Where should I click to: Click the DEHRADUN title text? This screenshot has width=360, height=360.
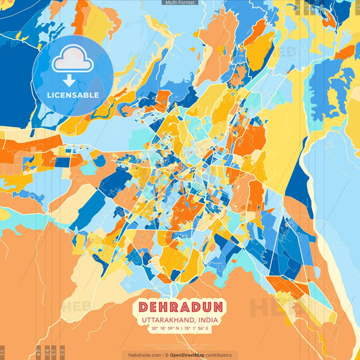(180, 306)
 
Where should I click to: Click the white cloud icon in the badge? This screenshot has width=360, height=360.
(73, 59)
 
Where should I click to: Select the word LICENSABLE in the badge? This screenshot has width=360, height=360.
(73, 95)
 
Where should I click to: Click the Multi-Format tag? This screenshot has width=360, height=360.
(180, 3)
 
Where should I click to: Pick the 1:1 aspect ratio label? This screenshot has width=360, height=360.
(2, 353)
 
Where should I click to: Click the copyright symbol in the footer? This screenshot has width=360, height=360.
(166, 355)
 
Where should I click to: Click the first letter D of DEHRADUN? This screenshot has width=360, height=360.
(145, 306)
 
